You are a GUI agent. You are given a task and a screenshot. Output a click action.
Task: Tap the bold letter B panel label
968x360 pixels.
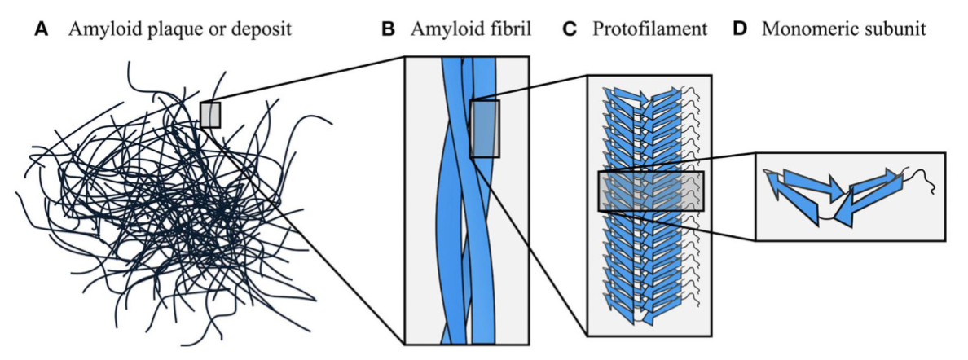coord(389,31)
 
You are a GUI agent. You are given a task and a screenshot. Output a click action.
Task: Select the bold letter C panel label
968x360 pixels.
coord(570,31)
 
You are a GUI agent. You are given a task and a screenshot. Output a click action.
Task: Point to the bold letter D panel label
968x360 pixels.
coord(740,31)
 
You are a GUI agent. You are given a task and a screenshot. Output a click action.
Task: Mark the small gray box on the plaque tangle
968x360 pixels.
coord(210,115)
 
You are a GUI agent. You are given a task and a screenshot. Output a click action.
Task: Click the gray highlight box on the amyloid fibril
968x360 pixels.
coord(485,129)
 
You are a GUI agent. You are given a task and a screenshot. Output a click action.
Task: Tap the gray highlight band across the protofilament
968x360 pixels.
coord(650,191)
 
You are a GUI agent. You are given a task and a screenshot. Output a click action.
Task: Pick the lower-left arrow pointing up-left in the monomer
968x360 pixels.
coord(794,199)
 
